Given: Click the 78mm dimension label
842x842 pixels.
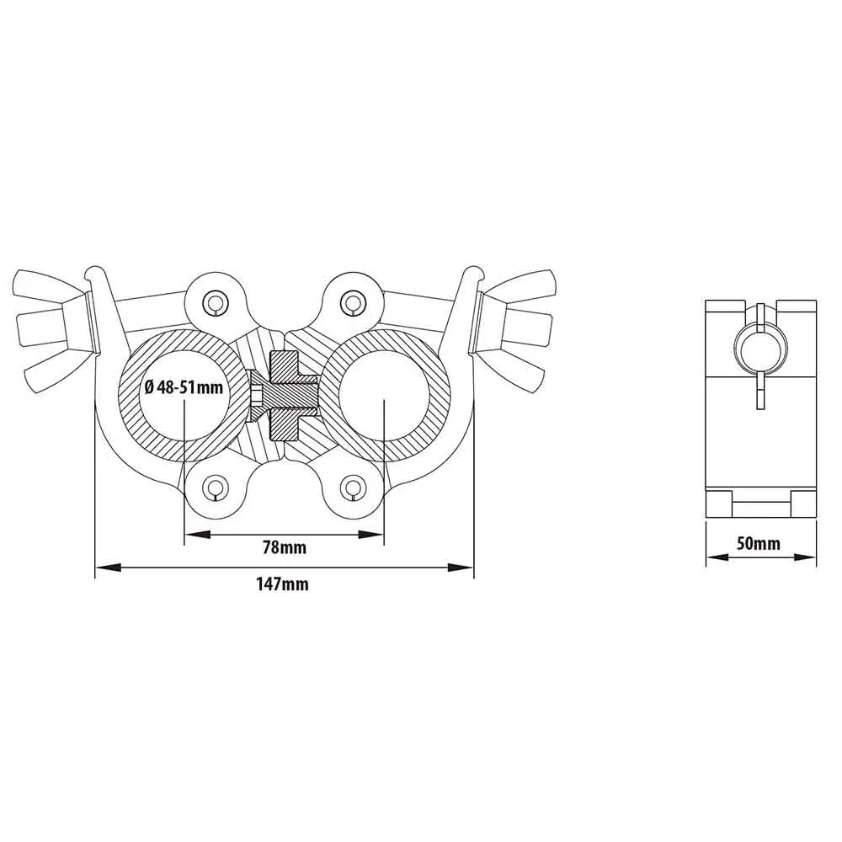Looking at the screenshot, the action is coord(284,548).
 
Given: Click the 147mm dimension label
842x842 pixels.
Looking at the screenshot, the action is coord(282,584).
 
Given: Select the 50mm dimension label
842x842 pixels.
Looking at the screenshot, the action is coord(759,543).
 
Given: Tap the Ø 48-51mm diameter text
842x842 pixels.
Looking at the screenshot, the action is coord(184,386).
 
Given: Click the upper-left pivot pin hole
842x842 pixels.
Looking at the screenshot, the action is coord(216,303).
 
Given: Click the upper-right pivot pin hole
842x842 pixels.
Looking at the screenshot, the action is coord(352,302).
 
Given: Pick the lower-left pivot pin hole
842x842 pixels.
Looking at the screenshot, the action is coord(216,487).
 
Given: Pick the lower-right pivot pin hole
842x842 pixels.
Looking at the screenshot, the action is coord(352,487).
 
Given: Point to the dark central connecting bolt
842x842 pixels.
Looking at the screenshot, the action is coord(285,397).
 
